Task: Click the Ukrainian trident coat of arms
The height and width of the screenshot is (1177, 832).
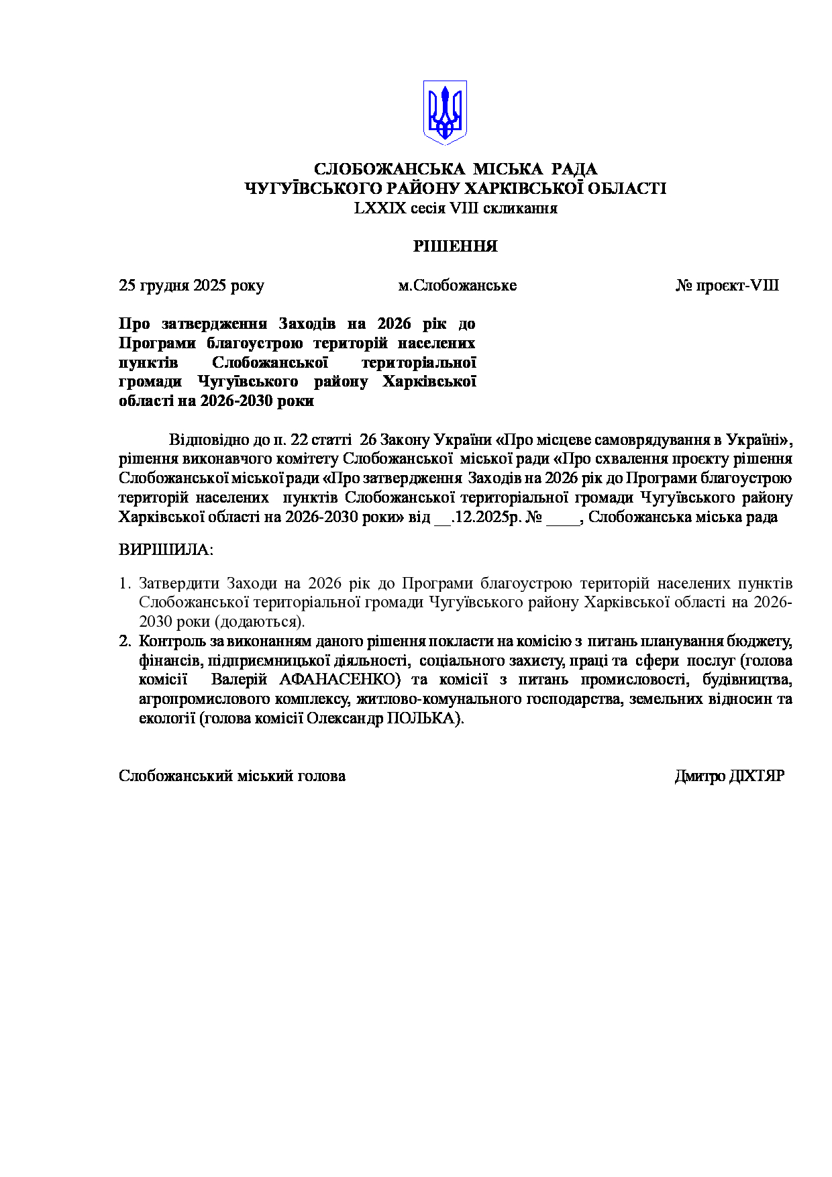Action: click(x=444, y=112)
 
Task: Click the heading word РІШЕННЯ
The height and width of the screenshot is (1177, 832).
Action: click(x=455, y=246)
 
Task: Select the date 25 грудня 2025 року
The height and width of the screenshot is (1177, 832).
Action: click(x=191, y=285)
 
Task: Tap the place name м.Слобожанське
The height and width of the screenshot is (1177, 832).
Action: click(x=457, y=285)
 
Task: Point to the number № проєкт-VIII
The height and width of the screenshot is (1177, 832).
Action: click(x=727, y=285)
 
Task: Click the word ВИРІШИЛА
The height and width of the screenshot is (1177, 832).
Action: click(x=165, y=550)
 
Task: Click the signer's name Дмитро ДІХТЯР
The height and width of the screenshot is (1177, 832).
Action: click(x=729, y=776)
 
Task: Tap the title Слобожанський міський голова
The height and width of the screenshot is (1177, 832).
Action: click(x=232, y=776)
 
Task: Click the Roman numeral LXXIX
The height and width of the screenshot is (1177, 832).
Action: click(x=380, y=208)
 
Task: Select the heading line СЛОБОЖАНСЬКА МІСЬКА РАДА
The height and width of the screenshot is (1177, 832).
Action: click(x=456, y=169)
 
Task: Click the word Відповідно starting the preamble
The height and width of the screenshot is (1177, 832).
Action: click(x=209, y=440)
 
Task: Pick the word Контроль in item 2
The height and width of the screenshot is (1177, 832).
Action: click(x=172, y=641)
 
